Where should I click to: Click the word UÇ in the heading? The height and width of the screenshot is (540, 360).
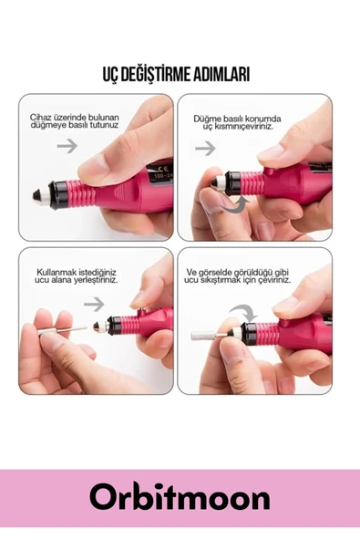[111, 75]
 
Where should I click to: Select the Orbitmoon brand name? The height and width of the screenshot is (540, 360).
[180, 498]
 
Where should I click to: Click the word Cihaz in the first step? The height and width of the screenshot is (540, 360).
[41, 119]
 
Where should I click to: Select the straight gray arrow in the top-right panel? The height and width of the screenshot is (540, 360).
[205, 147]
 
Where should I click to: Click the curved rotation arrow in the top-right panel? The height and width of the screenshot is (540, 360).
[234, 207]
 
